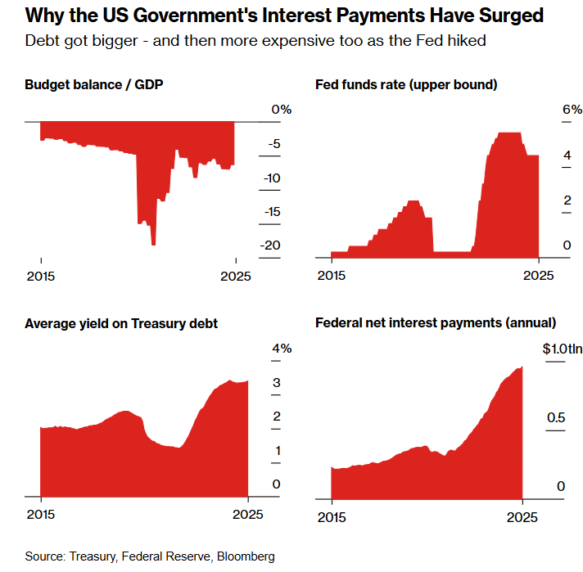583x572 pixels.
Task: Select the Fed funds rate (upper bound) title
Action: click(x=407, y=84)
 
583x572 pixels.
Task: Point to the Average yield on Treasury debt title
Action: click(x=121, y=324)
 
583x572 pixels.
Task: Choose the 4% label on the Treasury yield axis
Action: click(x=282, y=349)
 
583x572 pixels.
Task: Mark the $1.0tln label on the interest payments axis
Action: click(x=563, y=349)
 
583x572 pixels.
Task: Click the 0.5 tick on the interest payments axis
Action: click(x=556, y=418)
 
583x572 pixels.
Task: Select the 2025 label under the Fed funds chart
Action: click(x=538, y=276)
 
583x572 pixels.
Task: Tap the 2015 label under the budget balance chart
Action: click(x=41, y=276)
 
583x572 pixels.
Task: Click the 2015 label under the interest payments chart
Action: click(x=332, y=516)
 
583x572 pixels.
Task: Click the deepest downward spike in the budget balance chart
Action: click(x=153, y=243)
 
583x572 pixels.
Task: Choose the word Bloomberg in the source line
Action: click(x=246, y=556)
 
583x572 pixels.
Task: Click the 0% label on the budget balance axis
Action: click(x=282, y=109)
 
